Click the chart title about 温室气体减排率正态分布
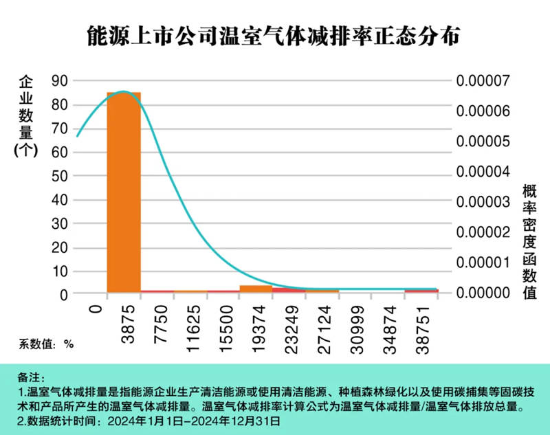[x=275, y=35]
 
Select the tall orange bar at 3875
[x=124, y=192]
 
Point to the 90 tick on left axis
[x=60, y=81]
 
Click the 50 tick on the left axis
[x=60, y=175]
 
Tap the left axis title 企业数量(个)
[x=25, y=117]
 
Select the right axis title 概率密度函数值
[x=529, y=241]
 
